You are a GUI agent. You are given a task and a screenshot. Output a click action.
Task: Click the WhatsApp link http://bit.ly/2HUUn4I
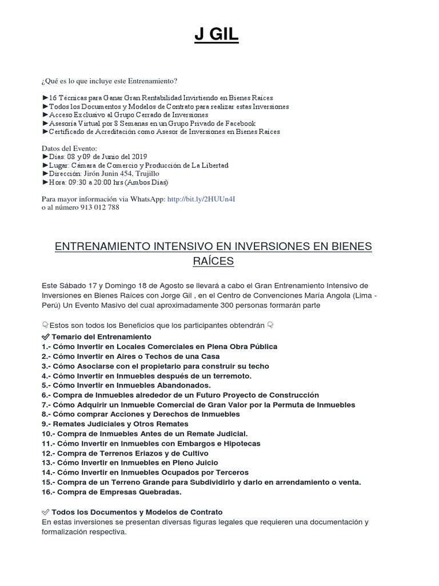click(201, 199)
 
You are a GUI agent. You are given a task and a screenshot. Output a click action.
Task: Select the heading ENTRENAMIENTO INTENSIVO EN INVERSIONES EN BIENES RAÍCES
click(213, 254)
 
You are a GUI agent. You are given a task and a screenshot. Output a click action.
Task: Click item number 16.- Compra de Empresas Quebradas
click(111, 492)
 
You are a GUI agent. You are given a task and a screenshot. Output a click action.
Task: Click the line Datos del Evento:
click(66, 148)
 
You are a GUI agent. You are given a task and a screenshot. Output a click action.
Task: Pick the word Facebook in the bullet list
click(240, 123)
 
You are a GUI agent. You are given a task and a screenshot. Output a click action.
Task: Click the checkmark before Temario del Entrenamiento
click(46, 337)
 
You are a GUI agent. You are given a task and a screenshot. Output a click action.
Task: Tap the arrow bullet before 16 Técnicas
click(46, 98)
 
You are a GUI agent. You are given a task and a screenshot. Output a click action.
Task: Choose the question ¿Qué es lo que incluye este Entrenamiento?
click(113, 81)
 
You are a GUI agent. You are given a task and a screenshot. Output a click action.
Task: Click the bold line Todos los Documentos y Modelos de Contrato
click(137, 512)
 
